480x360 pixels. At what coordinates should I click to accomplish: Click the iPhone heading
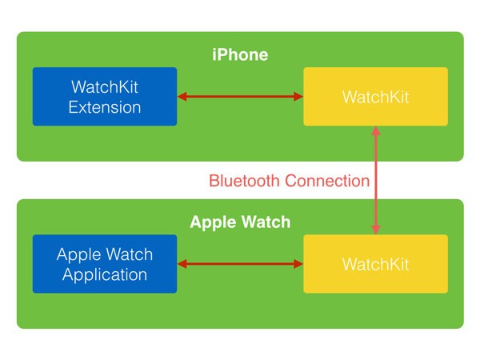coord(240,54)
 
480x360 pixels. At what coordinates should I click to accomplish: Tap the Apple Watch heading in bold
coord(240,222)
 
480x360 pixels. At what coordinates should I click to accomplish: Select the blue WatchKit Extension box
coord(105,97)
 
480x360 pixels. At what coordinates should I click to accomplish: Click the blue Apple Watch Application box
coord(105,264)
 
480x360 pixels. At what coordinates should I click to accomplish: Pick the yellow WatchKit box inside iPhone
coord(376,97)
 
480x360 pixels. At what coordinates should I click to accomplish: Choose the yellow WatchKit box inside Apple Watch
coord(376,264)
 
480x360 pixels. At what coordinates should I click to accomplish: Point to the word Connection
coord(327,181)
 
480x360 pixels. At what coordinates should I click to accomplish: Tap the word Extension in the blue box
coord(105,107)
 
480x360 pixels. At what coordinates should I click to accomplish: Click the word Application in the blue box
coord(105,274)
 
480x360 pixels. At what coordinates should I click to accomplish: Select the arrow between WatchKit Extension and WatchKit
coord(240,97)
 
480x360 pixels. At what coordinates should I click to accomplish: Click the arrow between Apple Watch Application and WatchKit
coord(240,264)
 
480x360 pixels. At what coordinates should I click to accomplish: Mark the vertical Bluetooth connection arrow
coord(376,180)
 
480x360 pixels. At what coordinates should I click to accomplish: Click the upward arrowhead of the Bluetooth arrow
coord(376,130)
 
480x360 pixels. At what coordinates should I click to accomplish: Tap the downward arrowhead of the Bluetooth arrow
coord(376,230)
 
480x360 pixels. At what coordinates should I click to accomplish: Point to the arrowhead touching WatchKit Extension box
coord(182,97)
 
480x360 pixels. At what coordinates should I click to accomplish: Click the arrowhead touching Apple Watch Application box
coord(182,264)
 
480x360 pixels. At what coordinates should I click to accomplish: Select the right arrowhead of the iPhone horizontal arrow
coord(298,97)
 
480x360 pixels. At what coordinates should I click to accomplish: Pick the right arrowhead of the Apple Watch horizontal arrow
coord(298,264)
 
